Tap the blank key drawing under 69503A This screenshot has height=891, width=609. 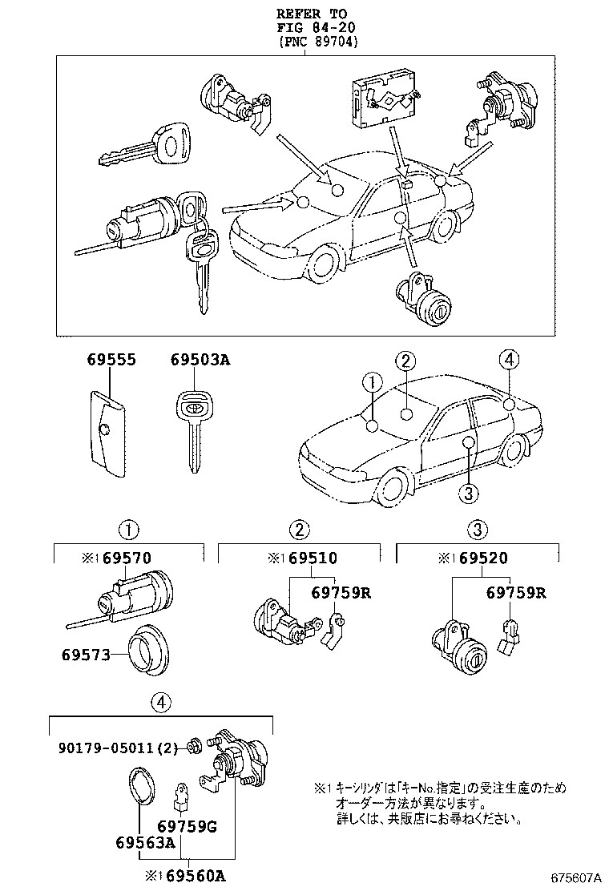[193, 429]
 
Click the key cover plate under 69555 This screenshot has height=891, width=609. [105, 433]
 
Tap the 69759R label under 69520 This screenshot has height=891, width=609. [516, 593]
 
